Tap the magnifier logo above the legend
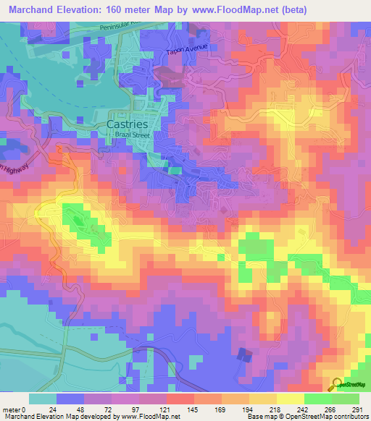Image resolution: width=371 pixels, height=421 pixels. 337,385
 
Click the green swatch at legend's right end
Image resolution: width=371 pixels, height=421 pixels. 346,399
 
